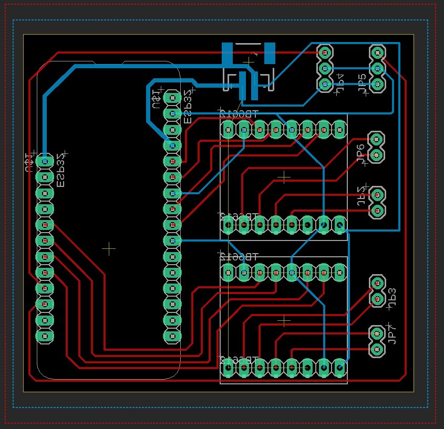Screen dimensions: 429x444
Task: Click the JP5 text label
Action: (362, 84)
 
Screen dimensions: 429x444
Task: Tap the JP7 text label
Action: (391, 334)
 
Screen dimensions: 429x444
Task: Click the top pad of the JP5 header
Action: (377, 53)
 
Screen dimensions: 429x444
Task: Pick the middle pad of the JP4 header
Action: (325, 68)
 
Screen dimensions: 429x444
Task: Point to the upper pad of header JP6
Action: (376, 139)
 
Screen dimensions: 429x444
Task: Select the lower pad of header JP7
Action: (376, 349)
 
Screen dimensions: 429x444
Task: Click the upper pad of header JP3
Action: (376, 282)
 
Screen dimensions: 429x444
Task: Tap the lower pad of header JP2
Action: (376, 211)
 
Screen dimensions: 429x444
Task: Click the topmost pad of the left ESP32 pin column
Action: (45, 161)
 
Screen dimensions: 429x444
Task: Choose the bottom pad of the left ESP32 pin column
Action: (45, 336)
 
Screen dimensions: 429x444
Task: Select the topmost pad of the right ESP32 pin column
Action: (172, 97)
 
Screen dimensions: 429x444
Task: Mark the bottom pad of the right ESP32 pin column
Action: (172, 336)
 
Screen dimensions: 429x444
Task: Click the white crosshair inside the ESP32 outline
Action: (109, 248)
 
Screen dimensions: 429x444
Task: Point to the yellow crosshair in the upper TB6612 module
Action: (284, 177)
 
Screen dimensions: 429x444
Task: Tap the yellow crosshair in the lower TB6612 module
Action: (284, 320)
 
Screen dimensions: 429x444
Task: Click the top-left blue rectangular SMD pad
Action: (227, 54)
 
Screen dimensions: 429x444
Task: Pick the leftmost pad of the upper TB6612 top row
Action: (228, 129)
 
